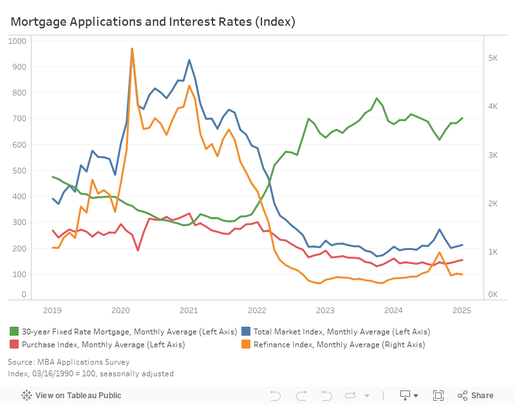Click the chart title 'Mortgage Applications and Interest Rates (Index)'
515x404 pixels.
[153, 22]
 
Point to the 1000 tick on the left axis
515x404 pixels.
[18, 41]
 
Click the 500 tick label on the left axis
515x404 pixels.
[20, 170]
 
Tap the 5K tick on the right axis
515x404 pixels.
[493, 58]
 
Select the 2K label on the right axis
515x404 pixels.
[493, 204]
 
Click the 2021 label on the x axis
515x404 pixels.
[189, 310]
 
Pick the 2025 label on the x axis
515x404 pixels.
[462, 310]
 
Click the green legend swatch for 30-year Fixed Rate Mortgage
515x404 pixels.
[14, 331]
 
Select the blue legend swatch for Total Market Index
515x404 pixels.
[246, 331]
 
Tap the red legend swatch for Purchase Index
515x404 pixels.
[14, 345]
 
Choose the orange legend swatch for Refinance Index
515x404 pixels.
[246, 345]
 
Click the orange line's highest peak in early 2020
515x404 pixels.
[132, 48]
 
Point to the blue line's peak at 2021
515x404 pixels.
[189, 60]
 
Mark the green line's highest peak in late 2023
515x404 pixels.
[377, 99]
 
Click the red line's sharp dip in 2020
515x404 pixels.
[138, 251]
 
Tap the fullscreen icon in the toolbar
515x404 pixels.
[438, 396]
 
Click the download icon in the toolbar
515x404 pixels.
[406, 396]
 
